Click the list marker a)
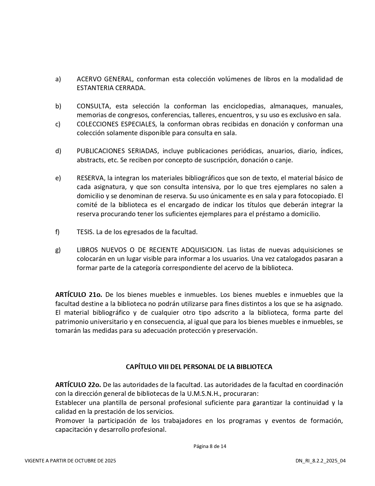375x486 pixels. tap(58, 79)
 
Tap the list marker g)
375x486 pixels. tap(58, 250)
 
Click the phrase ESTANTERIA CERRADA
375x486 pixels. tap(111, 88)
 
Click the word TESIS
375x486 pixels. tap(85, 232)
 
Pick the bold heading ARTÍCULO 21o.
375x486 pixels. tap(79, 295)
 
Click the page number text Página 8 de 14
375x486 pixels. tap(210, 446)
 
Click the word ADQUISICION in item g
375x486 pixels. tap(202, 250)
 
